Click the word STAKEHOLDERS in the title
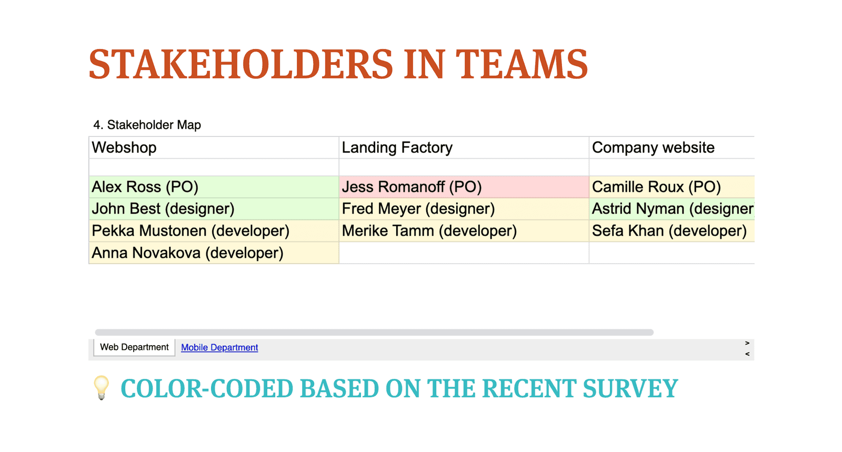click(x=241, y=65)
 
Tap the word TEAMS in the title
click(x=522, y=65)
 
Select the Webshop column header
click(x=214, y=147)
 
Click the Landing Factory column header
click(x=464, y=147)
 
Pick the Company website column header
click(x=671, y=147)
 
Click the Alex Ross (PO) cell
click(x=214, y=187)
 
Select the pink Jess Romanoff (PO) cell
click(x=464, y=187)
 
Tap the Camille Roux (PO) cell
click(x=671, y=187)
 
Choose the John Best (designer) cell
click(x=214, y=209)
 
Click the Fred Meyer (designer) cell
click(x=464, y=209)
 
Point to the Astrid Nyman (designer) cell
click(x=671, y=209)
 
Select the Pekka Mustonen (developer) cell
click(x=214, y=230)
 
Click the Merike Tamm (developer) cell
click(x=464, y=230)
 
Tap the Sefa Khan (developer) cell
click(x=671, y=230)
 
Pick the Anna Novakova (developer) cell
click(x=214, y=253)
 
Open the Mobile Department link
click(x=219, y=347)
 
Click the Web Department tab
click(x=134, y=347)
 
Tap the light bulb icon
click(x=102, y=387)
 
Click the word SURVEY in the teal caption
click(x=630, y=388)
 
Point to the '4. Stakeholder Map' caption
click(x=147, y=125)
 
